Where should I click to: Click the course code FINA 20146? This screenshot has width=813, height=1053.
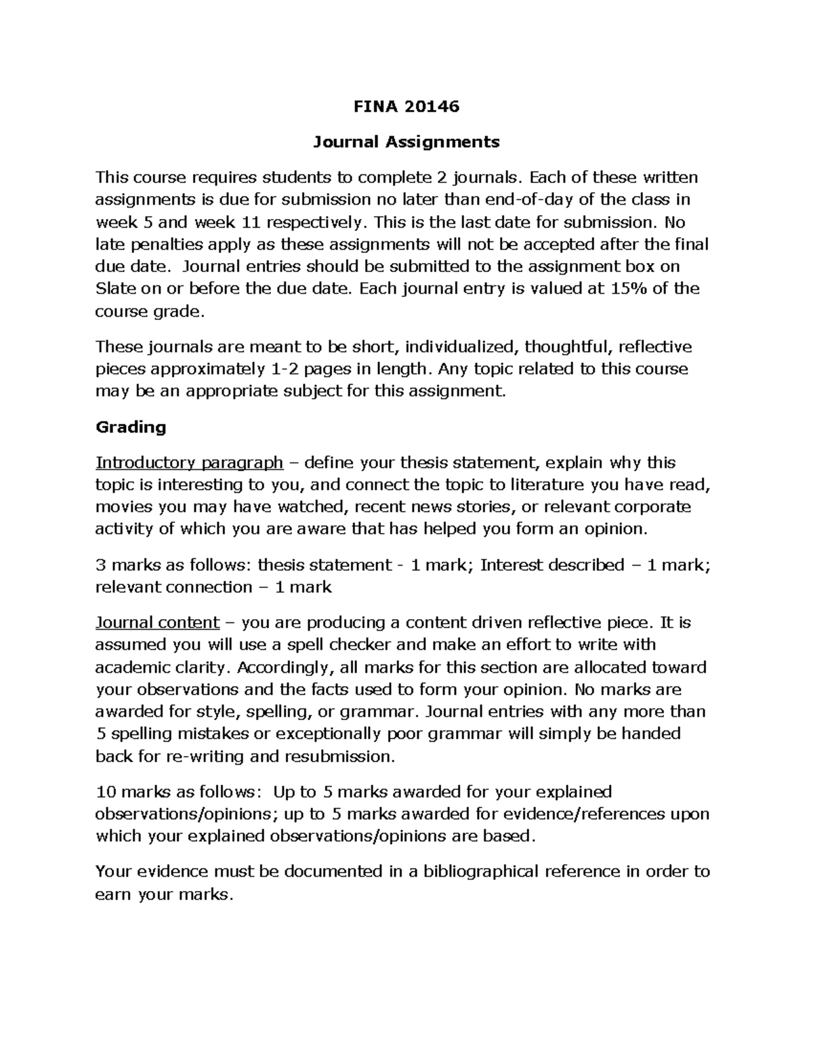coord(406,106)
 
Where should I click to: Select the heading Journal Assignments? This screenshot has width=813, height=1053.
coord(406,142)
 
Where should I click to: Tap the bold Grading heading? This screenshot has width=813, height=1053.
coord(131,427)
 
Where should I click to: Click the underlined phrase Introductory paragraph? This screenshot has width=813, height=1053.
coord(189,463)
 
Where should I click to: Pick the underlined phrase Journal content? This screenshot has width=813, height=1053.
coord(157,622)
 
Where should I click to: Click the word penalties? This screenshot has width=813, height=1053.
coord(166,244)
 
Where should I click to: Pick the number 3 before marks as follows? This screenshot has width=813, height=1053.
coord(100,565)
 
